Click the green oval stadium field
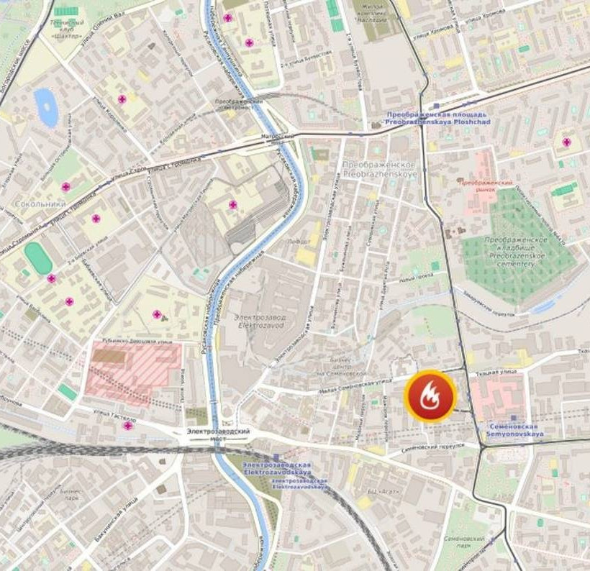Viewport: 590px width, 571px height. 38,257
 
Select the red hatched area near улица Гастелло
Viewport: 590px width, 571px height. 132,368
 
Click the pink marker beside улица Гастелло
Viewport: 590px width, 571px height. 128,426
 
